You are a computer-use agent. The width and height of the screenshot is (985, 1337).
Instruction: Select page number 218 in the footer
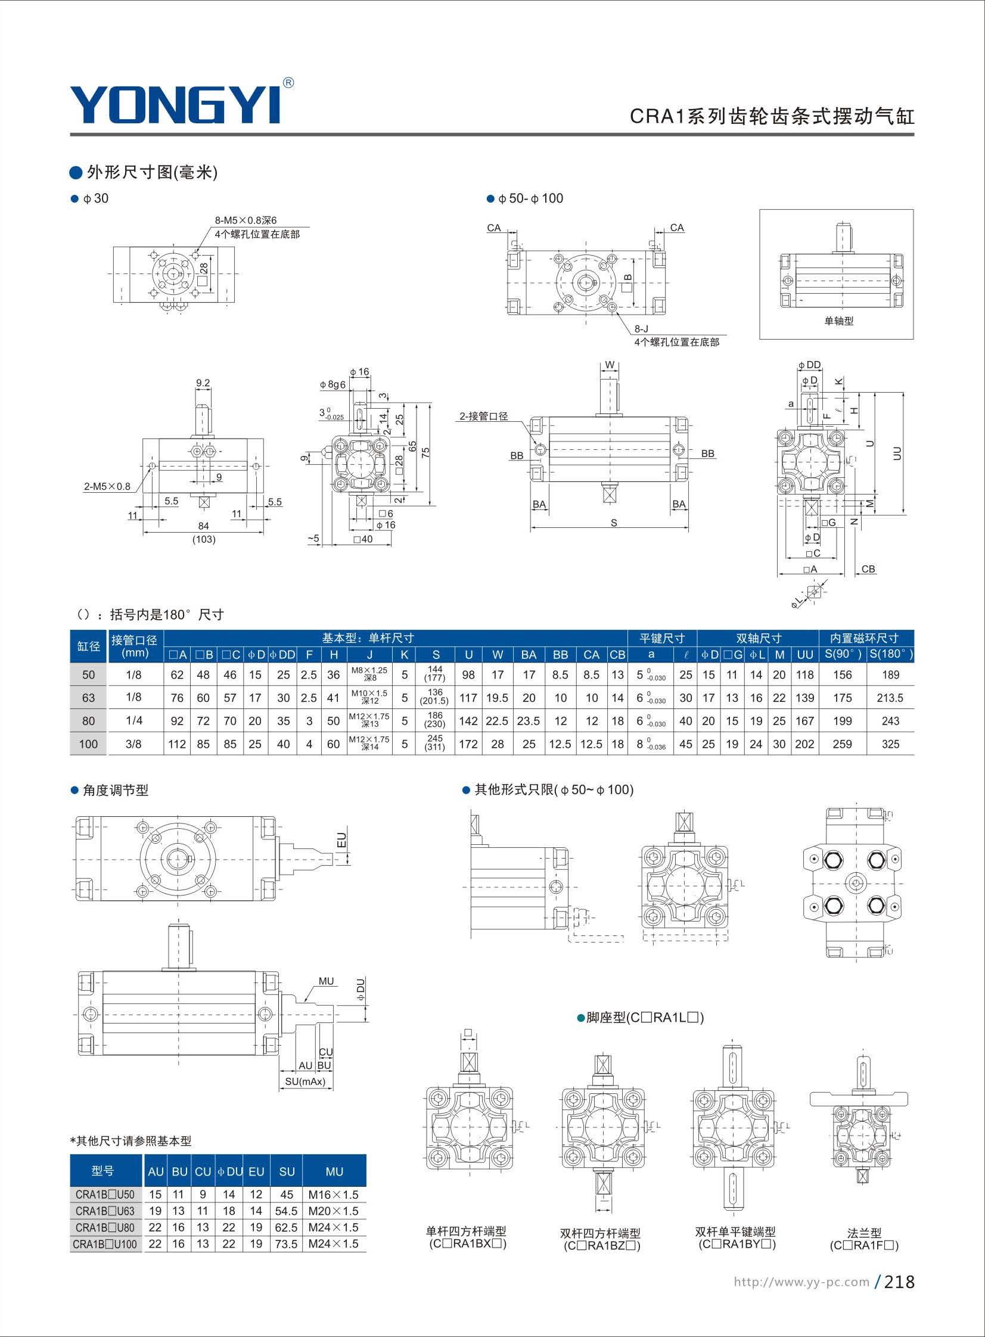click(899, 1282)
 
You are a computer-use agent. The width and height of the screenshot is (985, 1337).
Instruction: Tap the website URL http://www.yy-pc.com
click(801, 1282)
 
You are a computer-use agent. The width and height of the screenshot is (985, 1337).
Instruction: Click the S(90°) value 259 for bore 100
click(842, 744)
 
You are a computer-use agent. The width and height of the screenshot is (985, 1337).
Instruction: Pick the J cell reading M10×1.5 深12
click(369, 697)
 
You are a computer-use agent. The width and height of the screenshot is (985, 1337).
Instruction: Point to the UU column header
click(805, 654)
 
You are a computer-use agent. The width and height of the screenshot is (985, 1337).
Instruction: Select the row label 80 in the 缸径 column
click(88, 722)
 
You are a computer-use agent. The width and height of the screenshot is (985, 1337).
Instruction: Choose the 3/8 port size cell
click(134, 744)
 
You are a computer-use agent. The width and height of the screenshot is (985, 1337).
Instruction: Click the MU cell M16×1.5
click(334, 1195)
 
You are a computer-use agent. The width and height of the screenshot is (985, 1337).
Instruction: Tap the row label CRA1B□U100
click(105, 1244)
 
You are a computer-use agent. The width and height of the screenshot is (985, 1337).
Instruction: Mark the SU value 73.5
click(286, 1244)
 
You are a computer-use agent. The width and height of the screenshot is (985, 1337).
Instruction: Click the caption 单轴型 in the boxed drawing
click(839, 321)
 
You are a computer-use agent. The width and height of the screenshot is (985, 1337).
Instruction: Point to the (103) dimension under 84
click(204, 539)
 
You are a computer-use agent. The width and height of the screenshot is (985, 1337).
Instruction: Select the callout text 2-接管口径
click(483, 416)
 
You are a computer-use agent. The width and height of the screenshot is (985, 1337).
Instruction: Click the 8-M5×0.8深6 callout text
click(246, 220)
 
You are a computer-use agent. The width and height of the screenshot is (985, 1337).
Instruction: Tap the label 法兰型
click(865, 1233)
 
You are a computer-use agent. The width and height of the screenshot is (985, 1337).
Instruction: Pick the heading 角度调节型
click(116, 791)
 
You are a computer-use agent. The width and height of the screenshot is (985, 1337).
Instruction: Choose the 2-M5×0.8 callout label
click(107, 486)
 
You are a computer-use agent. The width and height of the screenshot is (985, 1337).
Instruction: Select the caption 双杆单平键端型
click(735, 1232)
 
